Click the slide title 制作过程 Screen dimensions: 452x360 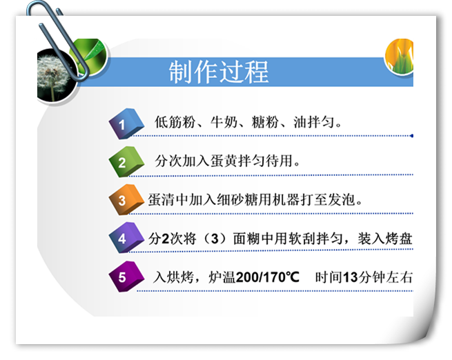[219, 72]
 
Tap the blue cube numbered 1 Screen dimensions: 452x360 [126, 123]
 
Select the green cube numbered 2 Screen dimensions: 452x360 [126, 161]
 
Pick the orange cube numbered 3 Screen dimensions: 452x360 [126, 199]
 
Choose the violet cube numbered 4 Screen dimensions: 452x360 [126, 238]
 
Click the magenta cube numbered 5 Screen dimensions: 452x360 [126, 277]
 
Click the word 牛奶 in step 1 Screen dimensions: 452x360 [224, 122]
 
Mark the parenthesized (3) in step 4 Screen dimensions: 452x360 [215, 239]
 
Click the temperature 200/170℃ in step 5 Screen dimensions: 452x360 [268, 277]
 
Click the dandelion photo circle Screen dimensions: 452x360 [57, 76]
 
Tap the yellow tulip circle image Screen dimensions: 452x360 [400, 56]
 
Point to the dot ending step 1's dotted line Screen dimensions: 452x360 [412, 136]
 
